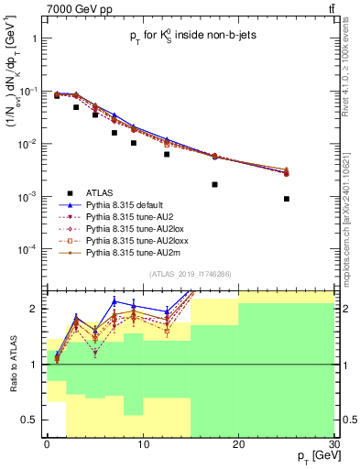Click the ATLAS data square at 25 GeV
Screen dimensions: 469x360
(x=287, y=199)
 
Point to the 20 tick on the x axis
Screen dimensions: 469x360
(x=238, y=443)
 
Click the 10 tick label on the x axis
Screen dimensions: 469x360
(x=142, y=443)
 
